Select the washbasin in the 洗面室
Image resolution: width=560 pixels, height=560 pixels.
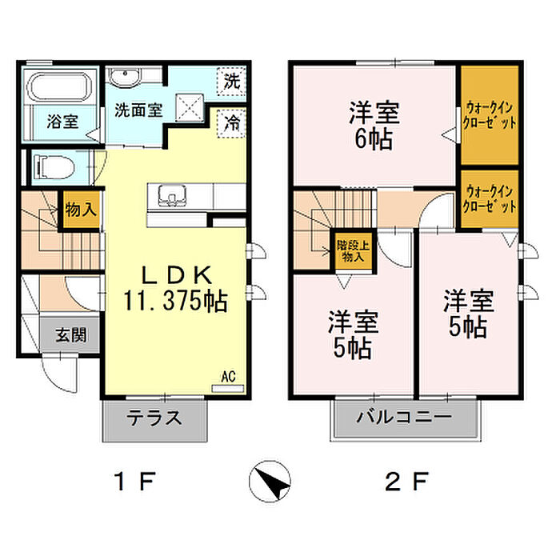(x=124, y=78)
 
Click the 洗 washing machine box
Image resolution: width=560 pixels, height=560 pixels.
(x=232, y=81)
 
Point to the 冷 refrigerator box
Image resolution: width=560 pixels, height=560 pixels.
(x=232, y=123)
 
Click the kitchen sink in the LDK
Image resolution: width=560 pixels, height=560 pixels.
(x=171, y=195)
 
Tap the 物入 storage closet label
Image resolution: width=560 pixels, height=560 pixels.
(x=80, y=211)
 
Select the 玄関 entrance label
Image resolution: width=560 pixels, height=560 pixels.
(x=71, y=334)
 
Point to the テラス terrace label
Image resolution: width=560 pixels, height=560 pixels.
(x=155, y=418)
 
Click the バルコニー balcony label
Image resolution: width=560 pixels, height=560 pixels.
(x=405, y=418)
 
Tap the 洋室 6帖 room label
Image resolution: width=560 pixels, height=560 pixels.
(x=374, y=125)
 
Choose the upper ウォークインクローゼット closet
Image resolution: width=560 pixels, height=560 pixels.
(x=490, y=115)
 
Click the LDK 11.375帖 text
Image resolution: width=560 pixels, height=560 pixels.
(x=175, y=288)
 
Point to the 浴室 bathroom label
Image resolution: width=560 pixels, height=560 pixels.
(x=62, y=122)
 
